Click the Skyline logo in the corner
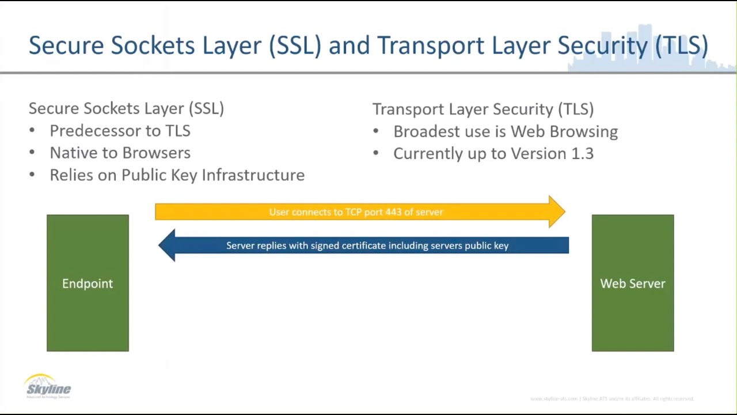(48, 386)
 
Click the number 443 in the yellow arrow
(393, 212)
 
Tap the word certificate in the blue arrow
(363, 246)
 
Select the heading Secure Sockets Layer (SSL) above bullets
(126, 108)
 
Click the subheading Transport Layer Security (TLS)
(483, 109)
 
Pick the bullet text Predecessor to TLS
(120, 131)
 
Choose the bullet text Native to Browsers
(120, 153)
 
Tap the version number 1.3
(582, 154)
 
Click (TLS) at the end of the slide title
(682, 46)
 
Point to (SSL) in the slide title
(295, 46)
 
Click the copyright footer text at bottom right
(611, 399)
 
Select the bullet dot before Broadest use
(376, 131)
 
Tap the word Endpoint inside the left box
(88, 284)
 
